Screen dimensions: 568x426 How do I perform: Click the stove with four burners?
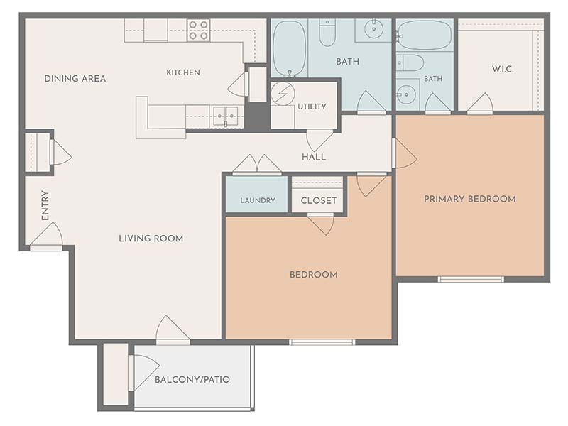pos(199,30)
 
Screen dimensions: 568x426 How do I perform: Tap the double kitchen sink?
pos(225,116)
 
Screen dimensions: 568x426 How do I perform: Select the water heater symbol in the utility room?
pos(283,94)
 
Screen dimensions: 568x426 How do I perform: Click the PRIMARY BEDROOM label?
pos(470,199)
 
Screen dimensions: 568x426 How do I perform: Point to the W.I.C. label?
pos(503,69)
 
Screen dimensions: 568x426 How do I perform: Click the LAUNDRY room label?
pos(258,200)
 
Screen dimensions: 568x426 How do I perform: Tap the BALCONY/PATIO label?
pos(192,379)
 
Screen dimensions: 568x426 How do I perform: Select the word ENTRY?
pos(45,205)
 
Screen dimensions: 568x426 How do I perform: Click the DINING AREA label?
pos(75,78)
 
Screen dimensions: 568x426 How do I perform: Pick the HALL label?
pos(314,157)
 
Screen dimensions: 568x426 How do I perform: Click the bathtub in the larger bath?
pos(290,48)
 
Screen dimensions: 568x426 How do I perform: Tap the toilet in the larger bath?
pos(327,33)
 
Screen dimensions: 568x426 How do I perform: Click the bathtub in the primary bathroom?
pos(424,35)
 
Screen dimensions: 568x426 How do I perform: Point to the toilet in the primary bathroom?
pos(410,63)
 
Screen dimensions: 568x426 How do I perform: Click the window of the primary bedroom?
pos(471,279)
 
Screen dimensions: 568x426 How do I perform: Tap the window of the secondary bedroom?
pos(322,342)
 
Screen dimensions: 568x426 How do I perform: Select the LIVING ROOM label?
pos(151,239)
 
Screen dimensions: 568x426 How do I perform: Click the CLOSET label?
pos(319,200)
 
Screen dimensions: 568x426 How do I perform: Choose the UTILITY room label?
pos(312,106)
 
